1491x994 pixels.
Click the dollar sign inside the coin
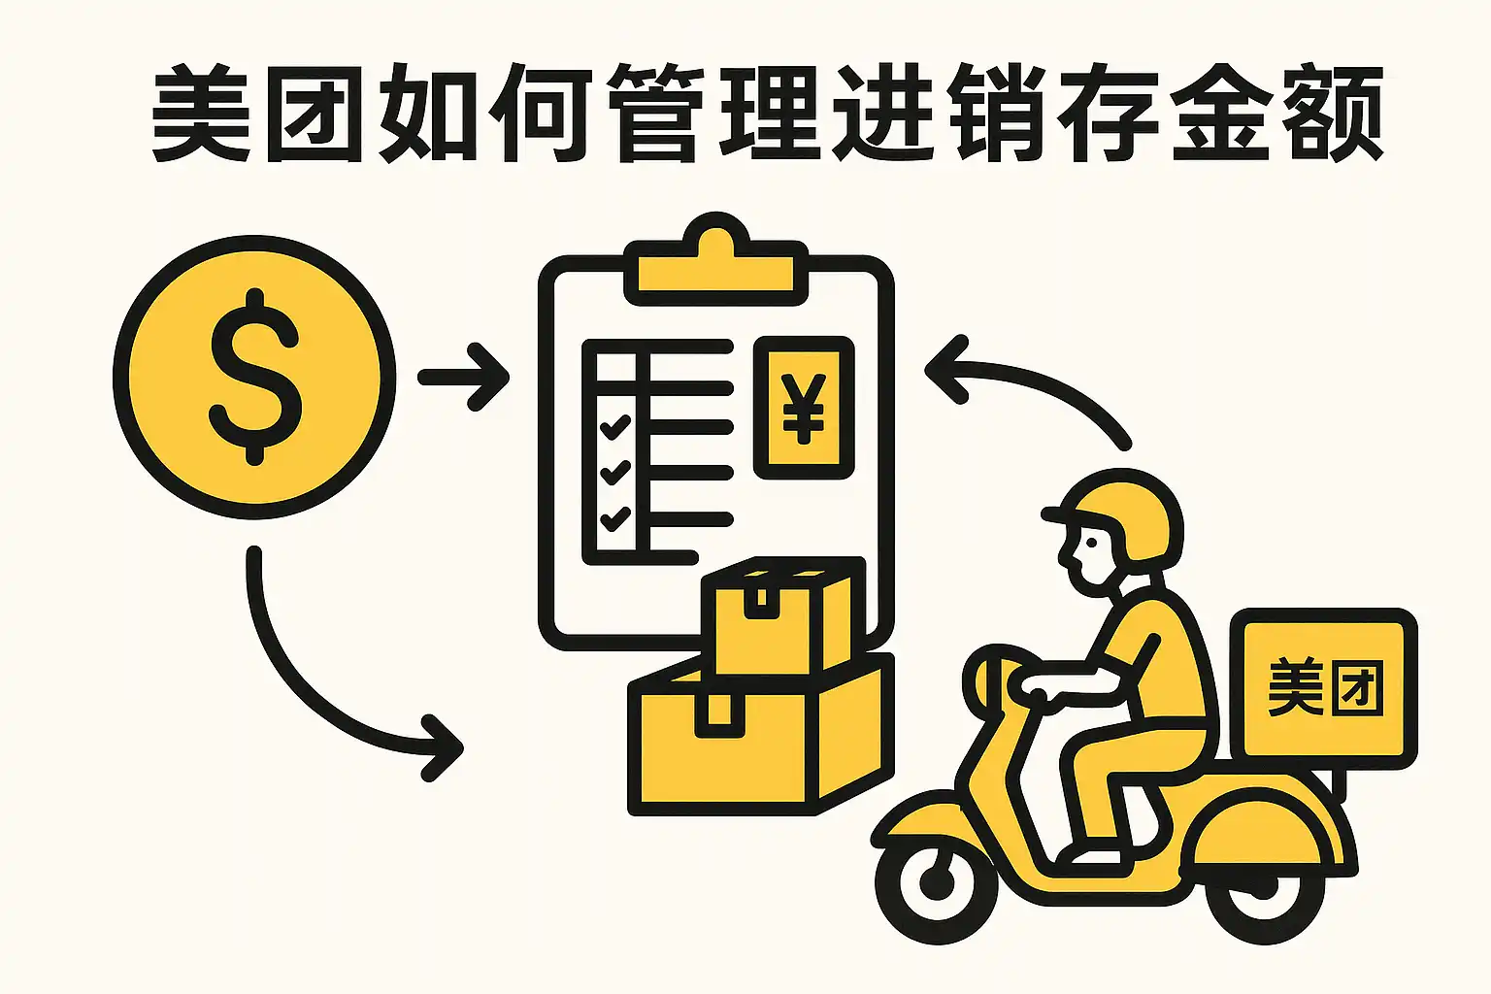point(255,377)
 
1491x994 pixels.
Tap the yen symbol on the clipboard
point(804,409)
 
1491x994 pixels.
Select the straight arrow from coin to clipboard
point(463,377)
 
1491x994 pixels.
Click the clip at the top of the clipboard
point(716,259)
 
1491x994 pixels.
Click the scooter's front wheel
point(937,882)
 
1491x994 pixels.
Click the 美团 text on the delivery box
point(1325,688)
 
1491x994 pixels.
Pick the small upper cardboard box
point(783,615)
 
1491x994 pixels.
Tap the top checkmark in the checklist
point(614,427)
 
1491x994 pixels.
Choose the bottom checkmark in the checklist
point(614,518)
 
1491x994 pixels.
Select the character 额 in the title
point(1333,113)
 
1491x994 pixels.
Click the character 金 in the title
point(1220,113)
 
